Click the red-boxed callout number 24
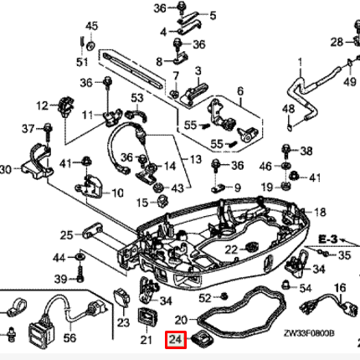pyautogui.click(x=176, y=341)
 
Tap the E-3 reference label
pyautogui.click(x=328, y=239)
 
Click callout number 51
pyautogui.click(x=81, y=61)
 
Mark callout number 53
pyautogui.click(x=139, y=100)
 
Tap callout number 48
pyautogui.click(x=288, y=110)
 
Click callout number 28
pyautogui.click(x=336, y=42)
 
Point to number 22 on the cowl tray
pyautogui.click(x=233, y=249)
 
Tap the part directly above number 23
pyautogui.click(x=122, y=297)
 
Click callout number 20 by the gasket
pyautogui.click(x=180, y=319)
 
